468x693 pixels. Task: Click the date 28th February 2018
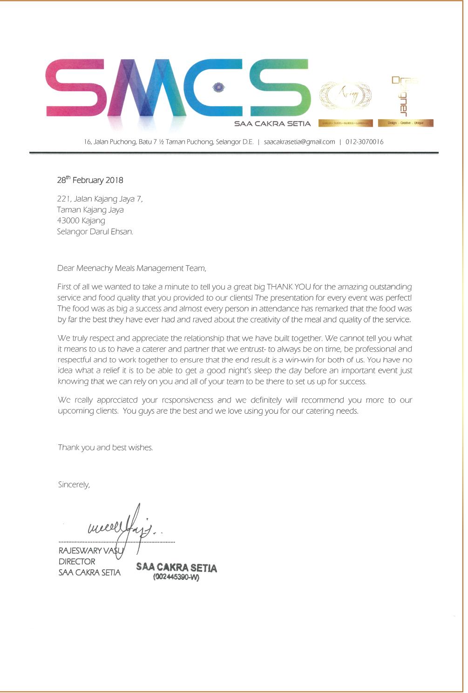(90, 180)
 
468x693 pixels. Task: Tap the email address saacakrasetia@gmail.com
(299, 142)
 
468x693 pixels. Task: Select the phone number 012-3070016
(364, 142)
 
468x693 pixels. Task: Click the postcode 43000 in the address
(68, 221)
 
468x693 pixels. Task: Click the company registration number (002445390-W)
(176, 578)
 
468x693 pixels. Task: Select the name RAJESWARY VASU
(91, 551)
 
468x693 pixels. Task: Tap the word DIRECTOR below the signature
(77, 562)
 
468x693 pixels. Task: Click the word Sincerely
(74, 485)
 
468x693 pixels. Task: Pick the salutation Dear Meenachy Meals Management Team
(131, 269)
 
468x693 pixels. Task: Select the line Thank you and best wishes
(105, 448)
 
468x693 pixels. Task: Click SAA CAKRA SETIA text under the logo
(272, 124)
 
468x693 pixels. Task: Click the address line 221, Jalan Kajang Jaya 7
(100, 199)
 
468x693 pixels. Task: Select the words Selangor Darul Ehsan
(95, 232)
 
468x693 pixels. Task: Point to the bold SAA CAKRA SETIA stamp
(176, 567)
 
